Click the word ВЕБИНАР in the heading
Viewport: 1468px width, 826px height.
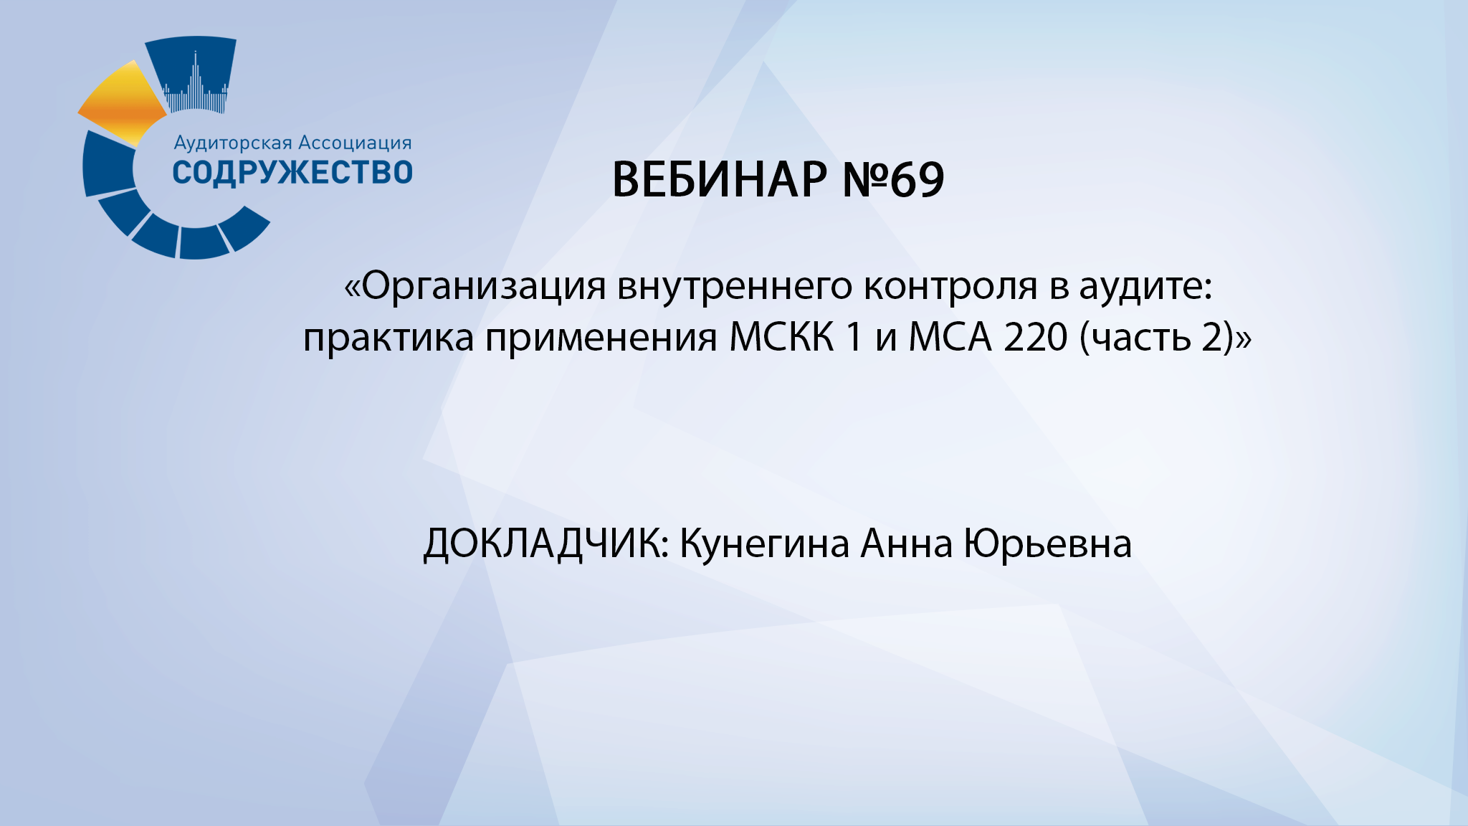click(719, 179)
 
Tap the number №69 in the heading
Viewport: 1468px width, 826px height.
click(893, 179)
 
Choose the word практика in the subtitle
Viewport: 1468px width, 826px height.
click(388, 337)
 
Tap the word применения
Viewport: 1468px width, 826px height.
click(601, 337)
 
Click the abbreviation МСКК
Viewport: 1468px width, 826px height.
click(782, 337)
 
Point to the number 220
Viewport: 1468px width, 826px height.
click(1035, 337)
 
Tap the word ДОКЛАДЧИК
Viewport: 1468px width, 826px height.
click(545, 543)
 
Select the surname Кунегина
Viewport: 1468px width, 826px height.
click(764, 543)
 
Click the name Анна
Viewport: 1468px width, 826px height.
click(906, 543)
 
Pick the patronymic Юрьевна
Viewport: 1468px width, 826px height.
click(1047, 543)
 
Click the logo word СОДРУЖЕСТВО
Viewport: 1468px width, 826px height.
click(292, 173)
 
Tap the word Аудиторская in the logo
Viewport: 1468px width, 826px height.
click(233, 143)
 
